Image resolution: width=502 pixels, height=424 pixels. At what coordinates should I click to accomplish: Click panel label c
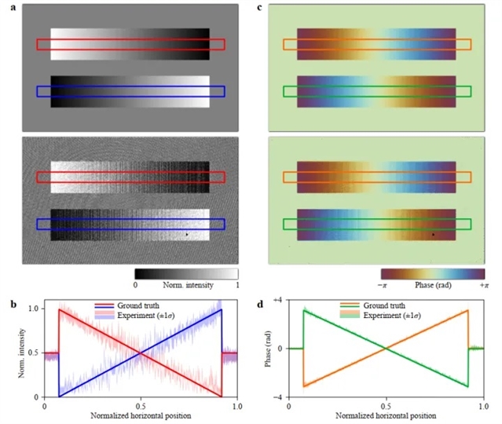coord(261,7)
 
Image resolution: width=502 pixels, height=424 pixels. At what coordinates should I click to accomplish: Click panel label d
coord(261,301)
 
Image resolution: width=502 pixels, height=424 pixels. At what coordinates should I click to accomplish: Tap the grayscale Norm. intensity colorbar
coord(186,273)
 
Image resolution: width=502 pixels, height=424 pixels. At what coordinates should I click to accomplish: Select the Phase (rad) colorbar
coord(428,274)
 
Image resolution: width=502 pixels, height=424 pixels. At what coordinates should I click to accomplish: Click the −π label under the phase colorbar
coord(383,288)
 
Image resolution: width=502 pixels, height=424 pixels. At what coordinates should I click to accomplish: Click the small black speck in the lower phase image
coord(433,234)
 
